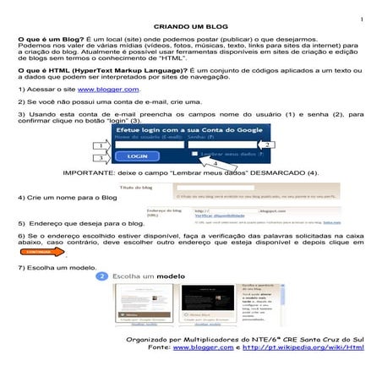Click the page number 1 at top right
360,16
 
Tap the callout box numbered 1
101,145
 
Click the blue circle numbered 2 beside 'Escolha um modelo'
103,276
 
